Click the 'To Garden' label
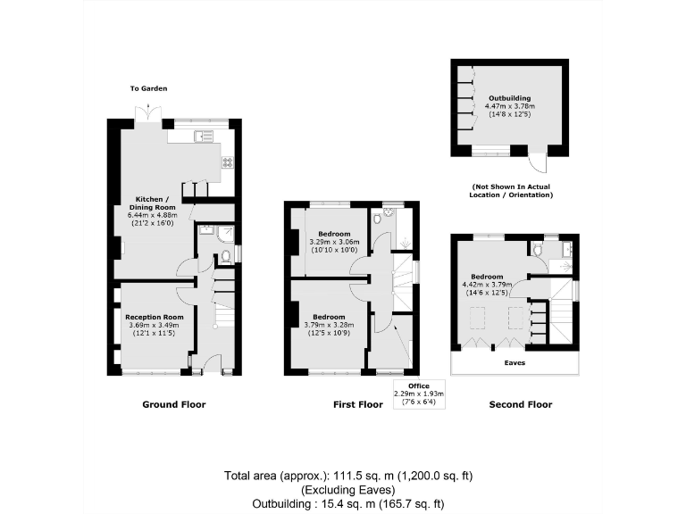[149, 88]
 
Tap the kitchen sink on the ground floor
[205, 136]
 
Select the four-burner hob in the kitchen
[227, 162]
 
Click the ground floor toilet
[226, 255]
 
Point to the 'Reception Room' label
[154, 317]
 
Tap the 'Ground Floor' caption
[174, 404]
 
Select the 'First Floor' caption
[357, 404]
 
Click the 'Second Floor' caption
[520, 404]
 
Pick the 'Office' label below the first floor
[419, 385]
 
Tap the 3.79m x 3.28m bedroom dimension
[329, 325]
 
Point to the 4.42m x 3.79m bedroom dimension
[488, 285]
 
